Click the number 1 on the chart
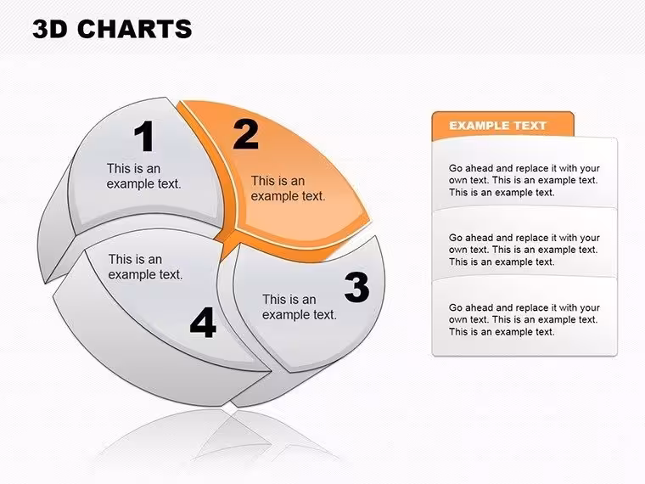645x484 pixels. pos(144,136)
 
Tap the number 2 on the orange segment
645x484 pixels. pos(245,134)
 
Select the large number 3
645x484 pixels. pos(356,287)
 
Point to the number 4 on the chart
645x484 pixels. pos(203,323)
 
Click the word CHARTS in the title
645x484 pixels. pos(134,29)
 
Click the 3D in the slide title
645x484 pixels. pos(49,29)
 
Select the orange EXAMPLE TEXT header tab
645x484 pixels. pos(502,125)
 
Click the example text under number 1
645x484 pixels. pos(143,176)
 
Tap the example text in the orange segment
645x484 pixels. pos(288,189)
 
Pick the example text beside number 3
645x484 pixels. pos(300,307)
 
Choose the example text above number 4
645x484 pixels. pos(145,267)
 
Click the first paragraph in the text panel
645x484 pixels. pos(524,180)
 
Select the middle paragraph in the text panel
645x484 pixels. pos(524,250)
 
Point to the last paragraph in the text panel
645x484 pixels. pos(524,320)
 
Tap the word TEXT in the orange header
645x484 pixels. pos(530,126)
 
